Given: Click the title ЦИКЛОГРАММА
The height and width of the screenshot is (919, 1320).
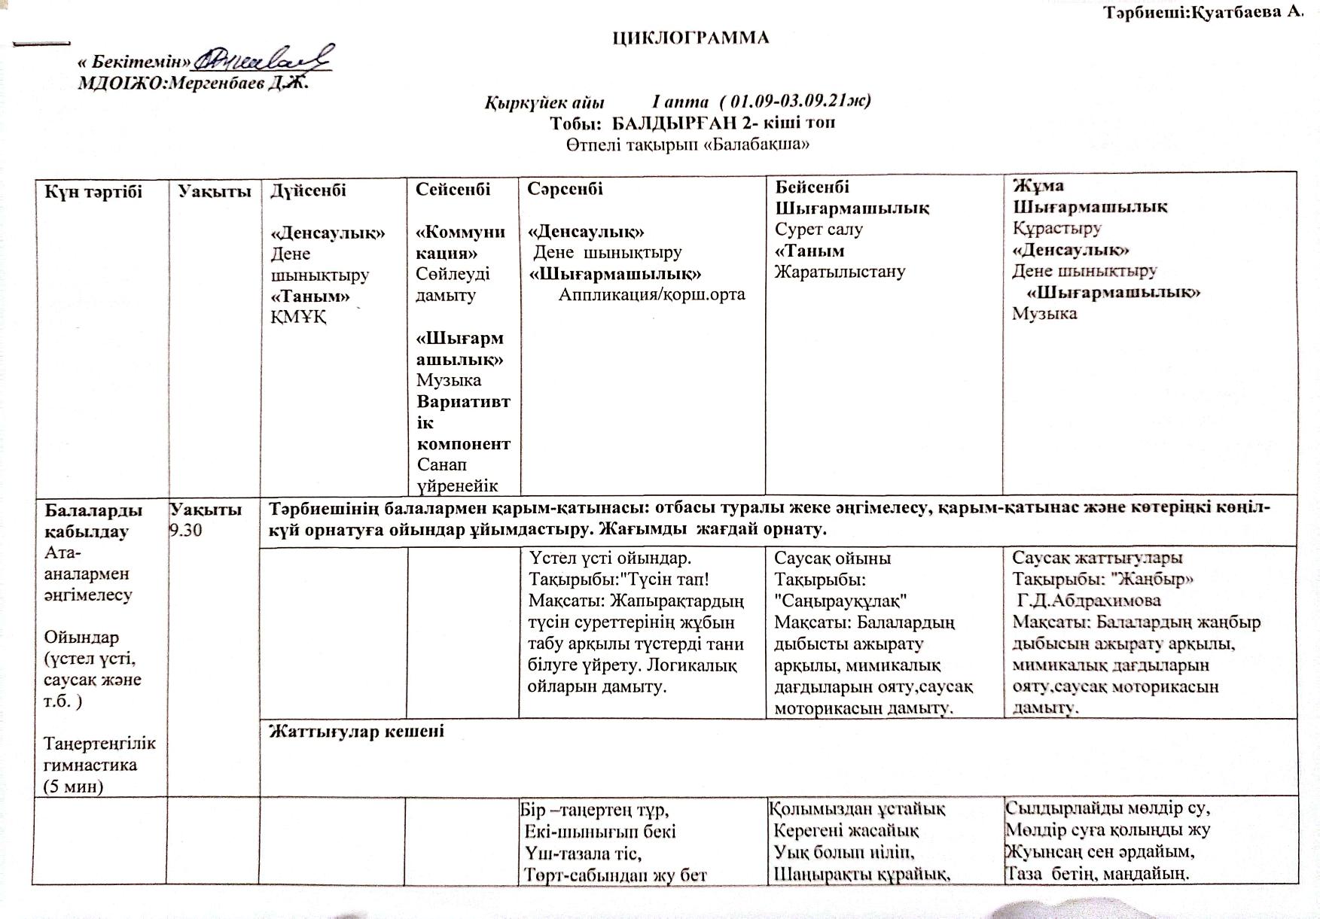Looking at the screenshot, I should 690,38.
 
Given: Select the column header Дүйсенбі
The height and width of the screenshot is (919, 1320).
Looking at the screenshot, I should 309,190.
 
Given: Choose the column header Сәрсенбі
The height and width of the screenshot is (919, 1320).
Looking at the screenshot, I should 565,189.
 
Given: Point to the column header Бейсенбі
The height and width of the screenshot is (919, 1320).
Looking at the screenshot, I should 812,186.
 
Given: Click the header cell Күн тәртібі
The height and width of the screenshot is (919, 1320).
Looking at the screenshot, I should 93,191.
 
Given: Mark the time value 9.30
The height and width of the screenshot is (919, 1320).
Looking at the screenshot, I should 186,530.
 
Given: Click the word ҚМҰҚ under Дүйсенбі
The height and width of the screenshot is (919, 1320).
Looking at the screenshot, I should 298,317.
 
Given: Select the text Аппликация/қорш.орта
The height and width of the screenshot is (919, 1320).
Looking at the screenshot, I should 651,294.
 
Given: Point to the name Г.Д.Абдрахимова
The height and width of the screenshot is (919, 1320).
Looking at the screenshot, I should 1089,601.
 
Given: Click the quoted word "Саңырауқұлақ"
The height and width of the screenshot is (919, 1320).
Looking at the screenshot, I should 840,601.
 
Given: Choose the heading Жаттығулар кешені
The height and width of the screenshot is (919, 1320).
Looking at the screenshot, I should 356,731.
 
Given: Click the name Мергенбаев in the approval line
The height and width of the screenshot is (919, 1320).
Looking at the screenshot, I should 225,84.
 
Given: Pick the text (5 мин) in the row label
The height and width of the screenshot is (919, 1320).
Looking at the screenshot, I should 74,787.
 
